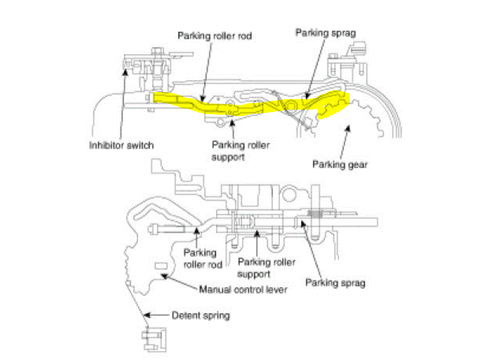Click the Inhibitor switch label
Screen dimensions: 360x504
(x=122, y=146)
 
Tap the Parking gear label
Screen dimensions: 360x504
(x=340, y=164)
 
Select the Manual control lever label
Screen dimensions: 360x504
(x=244, y=289)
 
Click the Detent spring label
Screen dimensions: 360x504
(x=202, y=316)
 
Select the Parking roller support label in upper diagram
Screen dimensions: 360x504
(x=241, y=150)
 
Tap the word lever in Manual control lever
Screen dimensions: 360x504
(x=277, y=289)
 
